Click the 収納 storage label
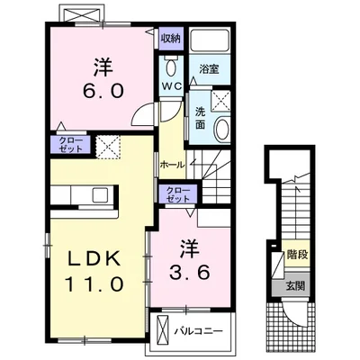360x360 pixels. pyautogui.click(x=171, y=38)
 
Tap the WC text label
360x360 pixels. pyautogui.click(x=172, y=86)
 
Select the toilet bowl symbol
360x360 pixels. pyautogui.click(x=171, y=67)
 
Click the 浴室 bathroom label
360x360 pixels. pyautogui.click(x=209, y=69)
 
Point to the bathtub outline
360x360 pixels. pyautogui.click(x=210, y=40)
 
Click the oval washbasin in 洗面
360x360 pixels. pyautogui.click(x=223, y=130)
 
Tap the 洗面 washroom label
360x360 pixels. pyautogui.click(x=200, y=118)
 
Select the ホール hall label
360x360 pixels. pyautogui.click(x=172, y=165)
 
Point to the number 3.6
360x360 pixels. pyautogui.click(x=189, y=273)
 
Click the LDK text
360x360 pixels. pyautogui.click(x=94, y=258)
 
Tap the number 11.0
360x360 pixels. pyautogui.click(x=94, y=283)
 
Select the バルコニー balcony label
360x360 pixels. pyautogui.click(x=199, y=331)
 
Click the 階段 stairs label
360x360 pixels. pyautogui.click(x=297, y=255)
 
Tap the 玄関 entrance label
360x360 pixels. pyautogui.click(x=294, y=286)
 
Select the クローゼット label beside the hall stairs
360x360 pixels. pyautogui.click(x=178, y=194)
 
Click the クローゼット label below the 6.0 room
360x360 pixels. pyautogui.click(x=70, y=145)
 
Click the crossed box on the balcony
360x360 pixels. pyautogui.click(x=163, y=330)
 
